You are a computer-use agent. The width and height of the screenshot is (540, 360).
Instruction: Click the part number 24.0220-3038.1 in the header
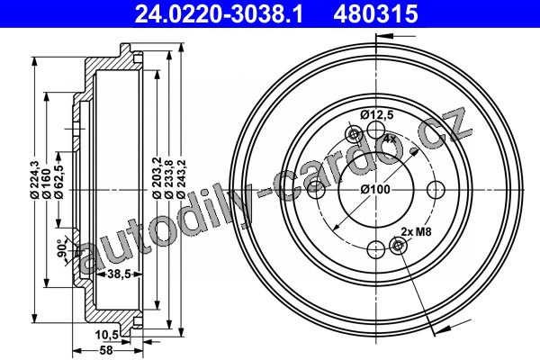[x=219, y=13]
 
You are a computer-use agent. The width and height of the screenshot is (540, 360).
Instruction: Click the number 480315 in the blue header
[x=375, y=13]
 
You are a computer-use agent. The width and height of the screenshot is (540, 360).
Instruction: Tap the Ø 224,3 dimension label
[x=34, y=179]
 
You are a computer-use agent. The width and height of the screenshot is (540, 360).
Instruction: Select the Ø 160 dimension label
[x=46, y=184]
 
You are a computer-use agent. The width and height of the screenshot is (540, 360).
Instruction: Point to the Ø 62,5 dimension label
[x=58, y=182]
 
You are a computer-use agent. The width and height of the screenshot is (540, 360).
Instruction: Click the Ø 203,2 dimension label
[x=157, y=179]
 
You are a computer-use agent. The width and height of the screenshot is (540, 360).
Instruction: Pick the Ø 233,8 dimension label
[x=169, y=179]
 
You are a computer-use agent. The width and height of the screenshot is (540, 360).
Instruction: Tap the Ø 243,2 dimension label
[x=181, y=179]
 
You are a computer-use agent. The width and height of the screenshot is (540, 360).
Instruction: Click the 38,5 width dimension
[x=119, y=274]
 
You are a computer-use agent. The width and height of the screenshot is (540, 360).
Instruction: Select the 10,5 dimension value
[x=107, y=335]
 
